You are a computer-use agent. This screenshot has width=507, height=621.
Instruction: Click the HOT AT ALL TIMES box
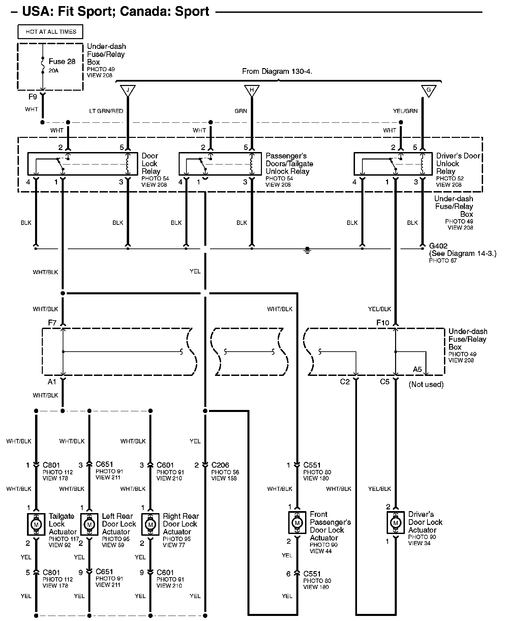click(x=50, y=32)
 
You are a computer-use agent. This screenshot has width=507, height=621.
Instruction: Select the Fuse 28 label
click(x=62, y=61)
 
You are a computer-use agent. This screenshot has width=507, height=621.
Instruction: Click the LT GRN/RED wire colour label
click(x=106, y=111)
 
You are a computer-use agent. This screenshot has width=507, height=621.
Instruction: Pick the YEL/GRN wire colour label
click(x=405, y=111)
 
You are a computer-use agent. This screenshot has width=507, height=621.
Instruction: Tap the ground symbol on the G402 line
click(x=307, y=250)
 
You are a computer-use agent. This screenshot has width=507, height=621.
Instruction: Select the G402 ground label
click(x=438, y=246)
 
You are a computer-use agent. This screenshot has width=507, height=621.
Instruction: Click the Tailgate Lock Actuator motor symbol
click(x=36, y=524)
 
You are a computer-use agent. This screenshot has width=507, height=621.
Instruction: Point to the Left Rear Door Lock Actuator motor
click(x=89, y=524)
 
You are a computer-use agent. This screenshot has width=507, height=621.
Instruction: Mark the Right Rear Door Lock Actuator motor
click(x=150, y=524)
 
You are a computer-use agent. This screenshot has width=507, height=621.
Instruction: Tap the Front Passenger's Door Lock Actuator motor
click(x=297, y=523)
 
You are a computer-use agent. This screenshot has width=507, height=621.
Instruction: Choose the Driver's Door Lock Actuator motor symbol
click(x=396, y=523)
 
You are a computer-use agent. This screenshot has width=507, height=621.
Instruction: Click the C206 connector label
click(x=220, y=465)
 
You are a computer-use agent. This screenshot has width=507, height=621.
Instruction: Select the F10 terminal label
click(x=383, y=323)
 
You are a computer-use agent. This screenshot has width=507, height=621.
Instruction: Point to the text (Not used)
click(x=426, y=384)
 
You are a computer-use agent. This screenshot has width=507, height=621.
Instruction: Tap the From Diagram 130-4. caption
click(x=277, y=71)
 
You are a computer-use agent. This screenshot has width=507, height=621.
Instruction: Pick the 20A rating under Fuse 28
click(x=54, y=71)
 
